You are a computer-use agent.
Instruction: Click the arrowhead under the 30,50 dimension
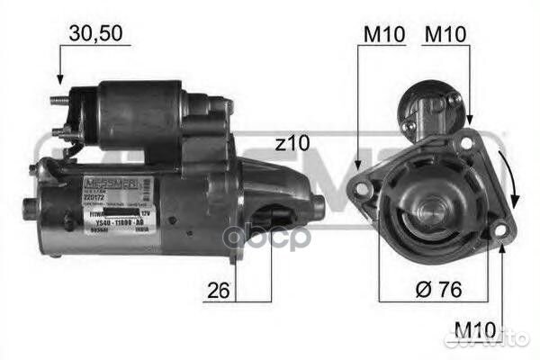pyautogui.click(x=59, y=79)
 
